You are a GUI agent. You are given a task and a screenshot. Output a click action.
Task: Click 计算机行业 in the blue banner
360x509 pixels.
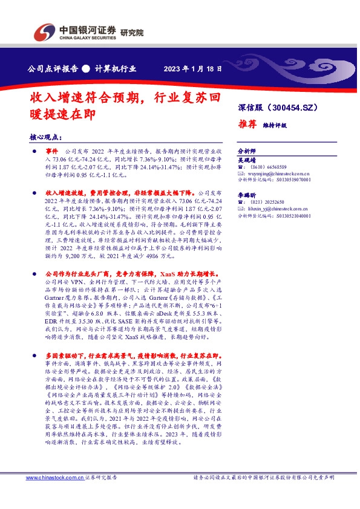coord(115,68)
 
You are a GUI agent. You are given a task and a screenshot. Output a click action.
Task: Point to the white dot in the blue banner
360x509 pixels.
coord(86,68)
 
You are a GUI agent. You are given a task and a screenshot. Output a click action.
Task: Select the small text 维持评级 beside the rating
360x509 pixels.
coord(275,125)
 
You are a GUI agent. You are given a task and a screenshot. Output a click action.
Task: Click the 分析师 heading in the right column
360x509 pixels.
coord(246,150)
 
